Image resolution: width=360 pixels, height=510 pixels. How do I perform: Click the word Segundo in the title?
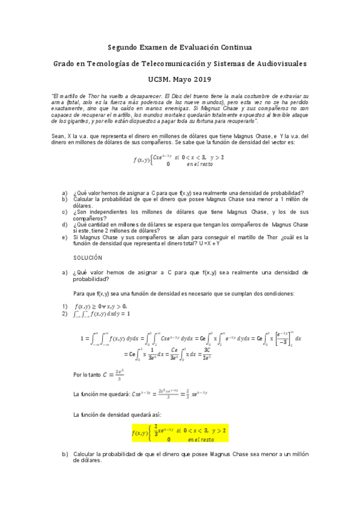123,47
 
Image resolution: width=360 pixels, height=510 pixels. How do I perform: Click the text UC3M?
159,79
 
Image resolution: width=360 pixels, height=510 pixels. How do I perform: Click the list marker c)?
64,212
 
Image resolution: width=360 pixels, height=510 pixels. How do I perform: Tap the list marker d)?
64,224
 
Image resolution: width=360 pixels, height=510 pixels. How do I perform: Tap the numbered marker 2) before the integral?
64,313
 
